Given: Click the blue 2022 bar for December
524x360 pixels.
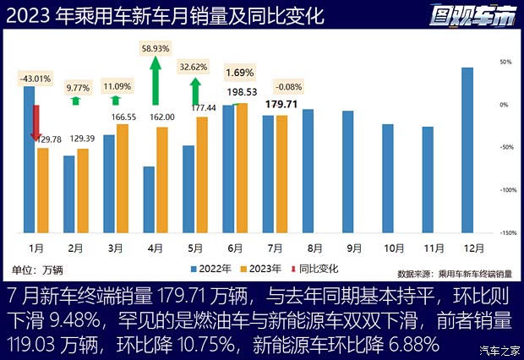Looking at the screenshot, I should pos(467,150).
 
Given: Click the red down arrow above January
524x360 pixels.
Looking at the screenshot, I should pos(35,122).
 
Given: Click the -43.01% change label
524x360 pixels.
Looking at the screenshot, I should pos(35,79).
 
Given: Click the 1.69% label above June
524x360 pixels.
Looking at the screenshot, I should pos(240,73).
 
